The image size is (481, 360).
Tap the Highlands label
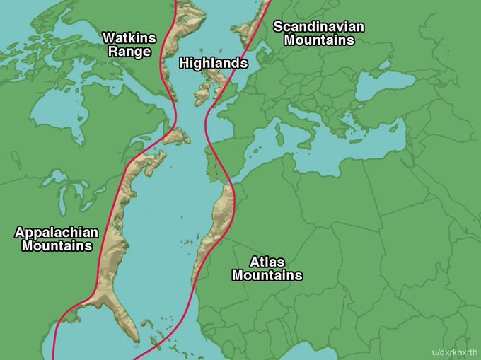pyautogui.click(x=214, y=63)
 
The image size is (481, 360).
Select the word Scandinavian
pyautogui.click(x=319, y=27)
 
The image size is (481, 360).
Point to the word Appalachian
pyautogui.click(x=57, y=232)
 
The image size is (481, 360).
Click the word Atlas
pyautogui.click(x=267, y=262)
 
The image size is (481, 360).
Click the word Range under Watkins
pyautogui.click(x=129, y=52)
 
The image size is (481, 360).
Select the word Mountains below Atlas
pyautogui.click(x=267, y=275)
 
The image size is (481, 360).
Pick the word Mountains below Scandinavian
pyautogui.click(x=319, y=40)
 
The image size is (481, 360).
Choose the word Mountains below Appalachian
pyautogui.click(x=57, y=246)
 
